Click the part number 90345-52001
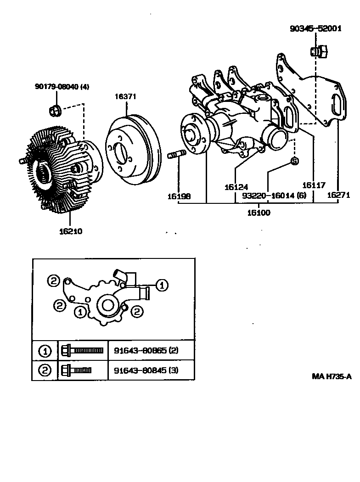[315, 28]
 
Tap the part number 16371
[125, 96]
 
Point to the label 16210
[70, 231]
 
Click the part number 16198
[179, 196]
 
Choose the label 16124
[236, 187]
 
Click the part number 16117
[314, 185]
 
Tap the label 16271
[338, 195]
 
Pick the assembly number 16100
[259, 213]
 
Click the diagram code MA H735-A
[332, 376]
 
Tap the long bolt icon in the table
[82, 351]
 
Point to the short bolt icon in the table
[76, 370]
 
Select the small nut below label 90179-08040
[53, 110]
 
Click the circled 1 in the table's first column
[45, 352]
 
